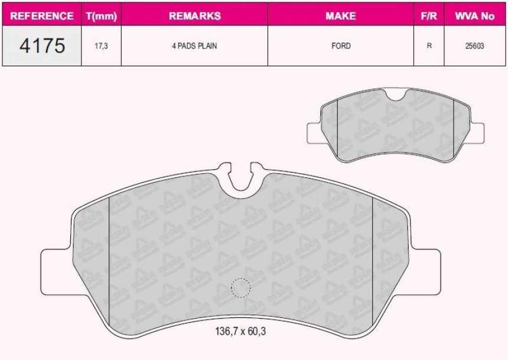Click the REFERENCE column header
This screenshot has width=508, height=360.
pos(42,16)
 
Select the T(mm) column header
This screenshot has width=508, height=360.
pos(101,16)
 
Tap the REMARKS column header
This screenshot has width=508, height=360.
pos(194,16)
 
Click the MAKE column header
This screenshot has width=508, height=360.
pos(341,16)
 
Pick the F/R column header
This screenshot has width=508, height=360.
pos(429,16)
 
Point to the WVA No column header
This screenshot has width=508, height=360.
pos(474,16)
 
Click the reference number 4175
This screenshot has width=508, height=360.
pos(42,46)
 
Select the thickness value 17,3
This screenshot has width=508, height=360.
pos(101,46)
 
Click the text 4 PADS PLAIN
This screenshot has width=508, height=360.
pos(194,46)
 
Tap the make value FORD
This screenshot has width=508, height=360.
pos(341,46)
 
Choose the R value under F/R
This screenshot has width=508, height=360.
pos(429,46)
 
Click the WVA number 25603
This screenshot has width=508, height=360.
pos(474,46)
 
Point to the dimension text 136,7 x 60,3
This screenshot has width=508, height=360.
pos(240,332)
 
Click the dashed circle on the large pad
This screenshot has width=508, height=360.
pos(240,288)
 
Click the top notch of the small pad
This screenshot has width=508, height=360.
pos(395,95)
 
